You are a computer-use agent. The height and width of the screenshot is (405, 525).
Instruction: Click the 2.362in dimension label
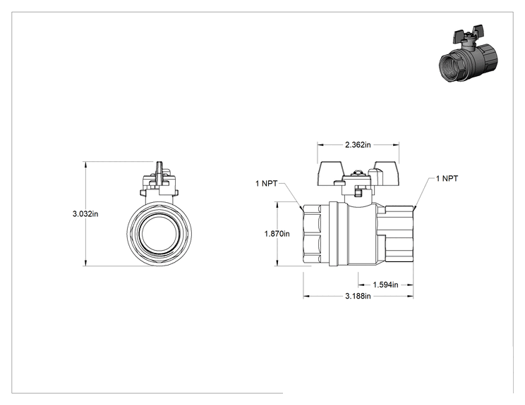(358, 144)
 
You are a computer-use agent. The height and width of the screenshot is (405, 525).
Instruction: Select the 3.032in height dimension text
(85, 214)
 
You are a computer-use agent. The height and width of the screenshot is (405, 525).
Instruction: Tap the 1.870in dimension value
(277, 234)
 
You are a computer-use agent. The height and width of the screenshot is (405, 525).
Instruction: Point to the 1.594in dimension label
(385, 285)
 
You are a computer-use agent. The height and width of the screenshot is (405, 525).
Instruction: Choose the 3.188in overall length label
(358, 296)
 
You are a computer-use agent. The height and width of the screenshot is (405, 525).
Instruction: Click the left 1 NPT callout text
(267, 183)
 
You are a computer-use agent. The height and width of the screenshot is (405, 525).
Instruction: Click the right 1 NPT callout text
(447, 178)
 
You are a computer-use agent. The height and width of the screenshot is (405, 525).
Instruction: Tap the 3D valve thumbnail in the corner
(468, 53)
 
